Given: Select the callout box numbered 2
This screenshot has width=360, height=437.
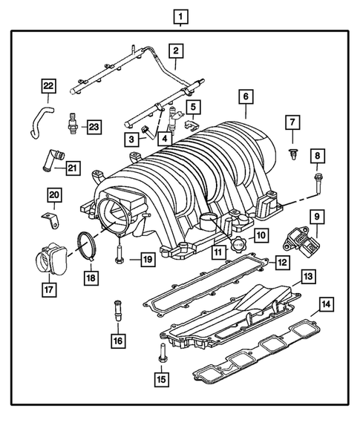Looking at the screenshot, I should [176, 50].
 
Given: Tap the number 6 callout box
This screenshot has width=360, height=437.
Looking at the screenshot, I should [244, 96].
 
